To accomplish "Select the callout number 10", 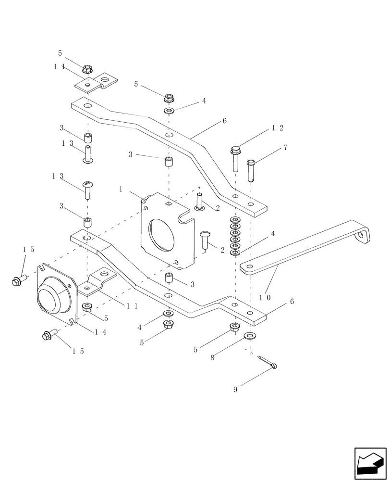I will (265, 297).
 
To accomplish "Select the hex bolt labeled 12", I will (234, 156).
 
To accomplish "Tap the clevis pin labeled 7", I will (251, 170).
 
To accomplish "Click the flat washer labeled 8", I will (249, 335).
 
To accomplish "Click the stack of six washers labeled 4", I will (235, 236).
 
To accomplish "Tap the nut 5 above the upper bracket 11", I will (87, 69).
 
